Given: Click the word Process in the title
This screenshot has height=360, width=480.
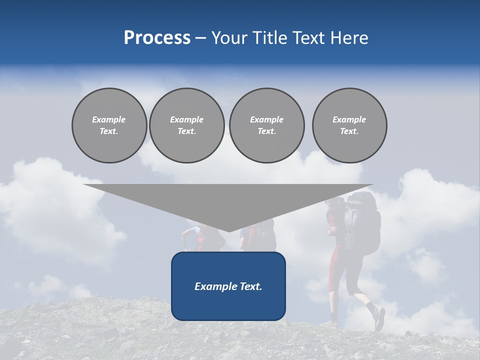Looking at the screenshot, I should point(157,38).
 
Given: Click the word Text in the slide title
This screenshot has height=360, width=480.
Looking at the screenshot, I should point(309,38).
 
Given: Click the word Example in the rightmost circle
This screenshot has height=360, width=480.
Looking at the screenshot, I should point(349,119).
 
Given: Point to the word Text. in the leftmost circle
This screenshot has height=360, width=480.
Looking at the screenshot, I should point(109,131).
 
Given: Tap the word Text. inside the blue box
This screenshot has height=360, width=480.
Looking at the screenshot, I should point(250,286).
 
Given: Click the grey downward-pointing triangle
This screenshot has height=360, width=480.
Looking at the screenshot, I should point(228,200).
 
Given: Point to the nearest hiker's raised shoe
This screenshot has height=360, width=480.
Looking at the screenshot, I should point(379,318).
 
